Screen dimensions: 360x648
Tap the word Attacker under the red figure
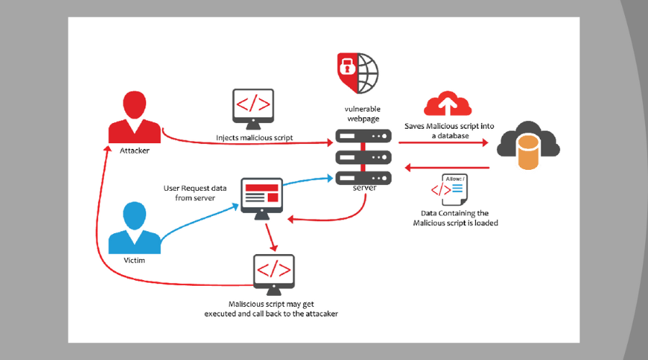(x=135, y=151)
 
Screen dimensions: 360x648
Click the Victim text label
(x=135, y=260)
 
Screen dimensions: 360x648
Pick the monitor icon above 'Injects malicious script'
(x=253, y=107)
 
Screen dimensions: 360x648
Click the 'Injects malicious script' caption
(x=253, y=137)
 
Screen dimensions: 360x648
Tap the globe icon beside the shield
(x=366, y=72)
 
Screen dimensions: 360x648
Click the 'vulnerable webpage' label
(x=364, y=113)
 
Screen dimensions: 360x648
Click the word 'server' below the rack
(x=364, y=188)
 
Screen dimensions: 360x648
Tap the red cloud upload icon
(x=446, y=104)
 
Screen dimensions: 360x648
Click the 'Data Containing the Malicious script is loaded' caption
(x=455, y=218)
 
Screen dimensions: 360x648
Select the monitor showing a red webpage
(x=261, y=196)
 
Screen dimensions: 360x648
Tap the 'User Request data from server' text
(x=195, y=192)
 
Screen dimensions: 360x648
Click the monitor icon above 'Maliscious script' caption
(x=274, y=272)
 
